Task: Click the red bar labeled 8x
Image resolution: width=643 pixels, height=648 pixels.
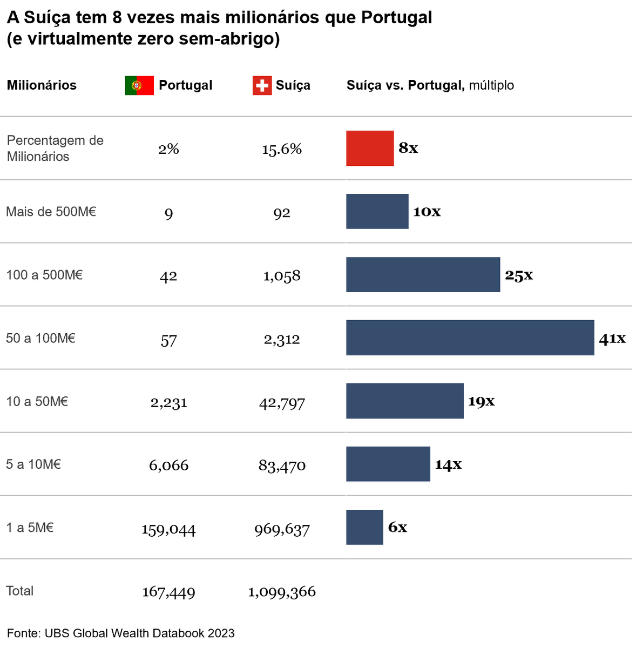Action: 370,148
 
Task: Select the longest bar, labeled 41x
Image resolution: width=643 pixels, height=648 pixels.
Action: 470,337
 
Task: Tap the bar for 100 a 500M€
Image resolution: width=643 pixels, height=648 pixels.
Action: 423,274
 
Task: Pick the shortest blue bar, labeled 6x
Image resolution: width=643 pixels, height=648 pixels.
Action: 364,527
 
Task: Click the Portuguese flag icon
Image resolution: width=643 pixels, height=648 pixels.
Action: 139,85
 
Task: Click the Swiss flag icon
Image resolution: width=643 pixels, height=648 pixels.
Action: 262,85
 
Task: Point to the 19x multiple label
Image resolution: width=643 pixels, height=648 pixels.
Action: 481,401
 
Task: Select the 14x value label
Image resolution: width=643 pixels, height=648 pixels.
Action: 448,464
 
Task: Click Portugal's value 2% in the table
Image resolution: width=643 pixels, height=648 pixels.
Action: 168,149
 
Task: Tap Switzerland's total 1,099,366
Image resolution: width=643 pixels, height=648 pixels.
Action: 282,592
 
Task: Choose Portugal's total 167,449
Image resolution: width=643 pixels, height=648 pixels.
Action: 168,592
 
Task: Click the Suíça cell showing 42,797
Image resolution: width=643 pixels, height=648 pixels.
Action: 282,403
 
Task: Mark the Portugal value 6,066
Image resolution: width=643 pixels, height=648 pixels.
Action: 168,465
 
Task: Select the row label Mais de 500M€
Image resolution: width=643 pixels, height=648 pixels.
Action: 51,212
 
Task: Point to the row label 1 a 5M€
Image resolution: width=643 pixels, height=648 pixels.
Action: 30,528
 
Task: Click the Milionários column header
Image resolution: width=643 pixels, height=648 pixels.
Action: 42,85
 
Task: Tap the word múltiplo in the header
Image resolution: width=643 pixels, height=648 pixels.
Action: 491,85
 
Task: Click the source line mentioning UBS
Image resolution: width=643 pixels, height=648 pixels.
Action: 120,633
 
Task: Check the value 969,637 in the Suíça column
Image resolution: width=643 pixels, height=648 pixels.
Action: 282,530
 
